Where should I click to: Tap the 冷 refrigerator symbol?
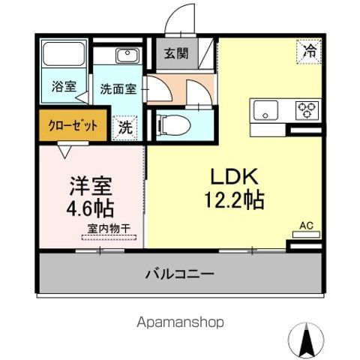[x=307, y=51]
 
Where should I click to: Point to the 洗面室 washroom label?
[x=117, y=88]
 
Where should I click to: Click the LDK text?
[x=233, y=178]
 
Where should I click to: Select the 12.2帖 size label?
[x=234, y=201]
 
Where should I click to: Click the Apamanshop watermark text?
[x=180, y=322]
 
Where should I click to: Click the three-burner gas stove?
[x=306, y=111]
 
